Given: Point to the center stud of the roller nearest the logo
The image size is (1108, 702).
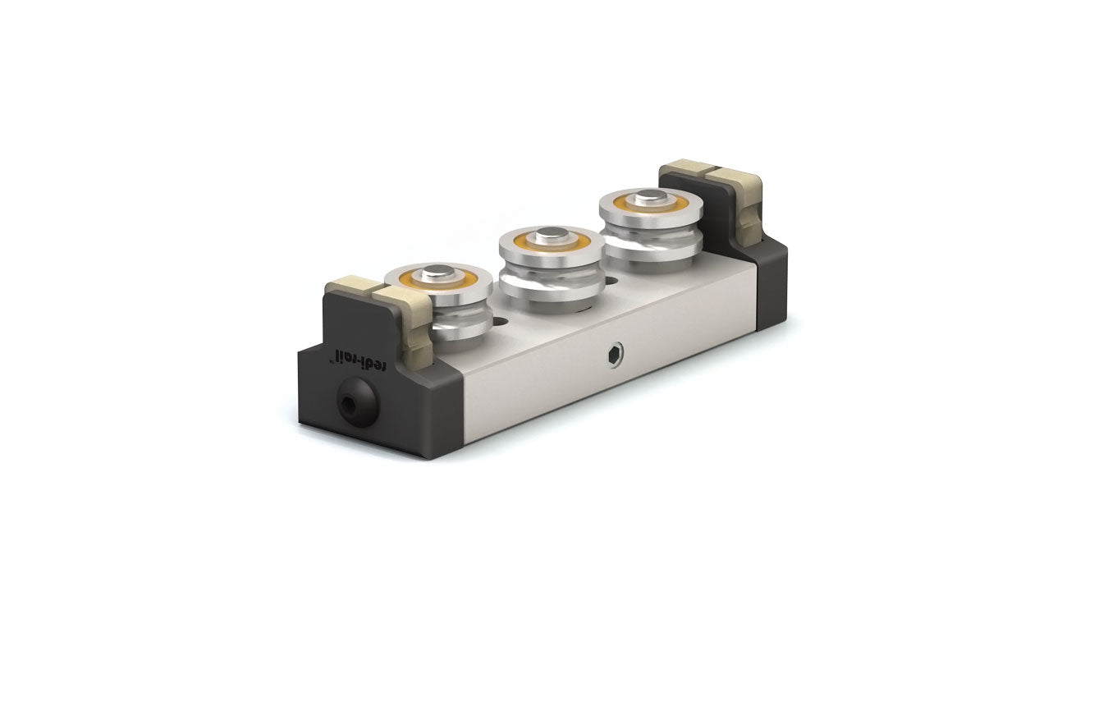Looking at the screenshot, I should (439, 273).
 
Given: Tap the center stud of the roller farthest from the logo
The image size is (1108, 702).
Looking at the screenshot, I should (650, 197).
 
